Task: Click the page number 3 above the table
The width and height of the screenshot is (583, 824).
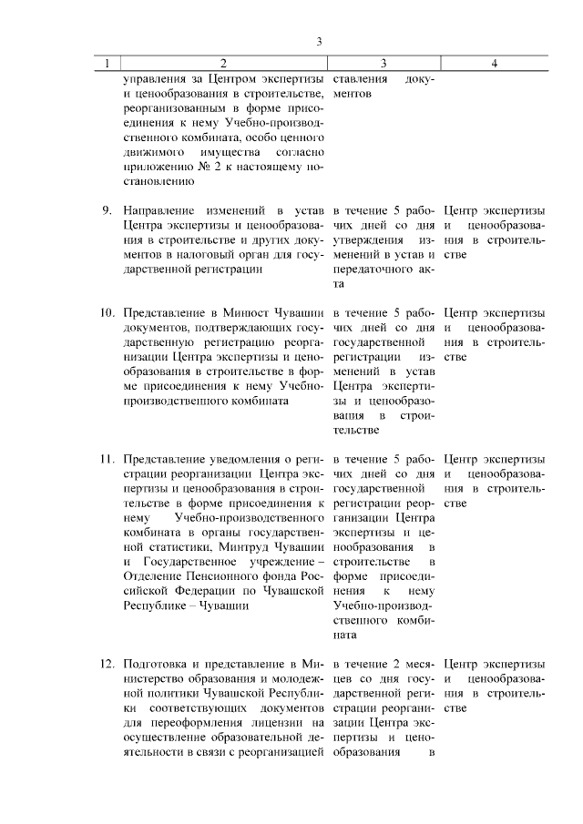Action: pyautogui.click(x=319, y=42)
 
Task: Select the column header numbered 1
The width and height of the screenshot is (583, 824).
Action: pyautogui.click(x=107, y=64)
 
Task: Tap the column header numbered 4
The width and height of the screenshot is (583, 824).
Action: pyautogui.click(x=493, y=64)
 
